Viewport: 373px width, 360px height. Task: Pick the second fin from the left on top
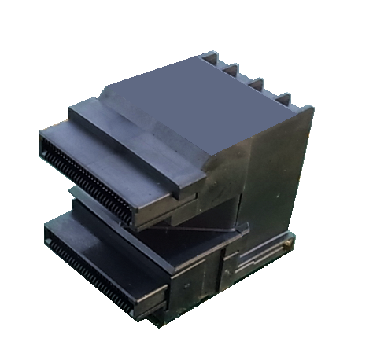pos(232,69)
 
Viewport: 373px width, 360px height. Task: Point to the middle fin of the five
pos(256,82)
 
